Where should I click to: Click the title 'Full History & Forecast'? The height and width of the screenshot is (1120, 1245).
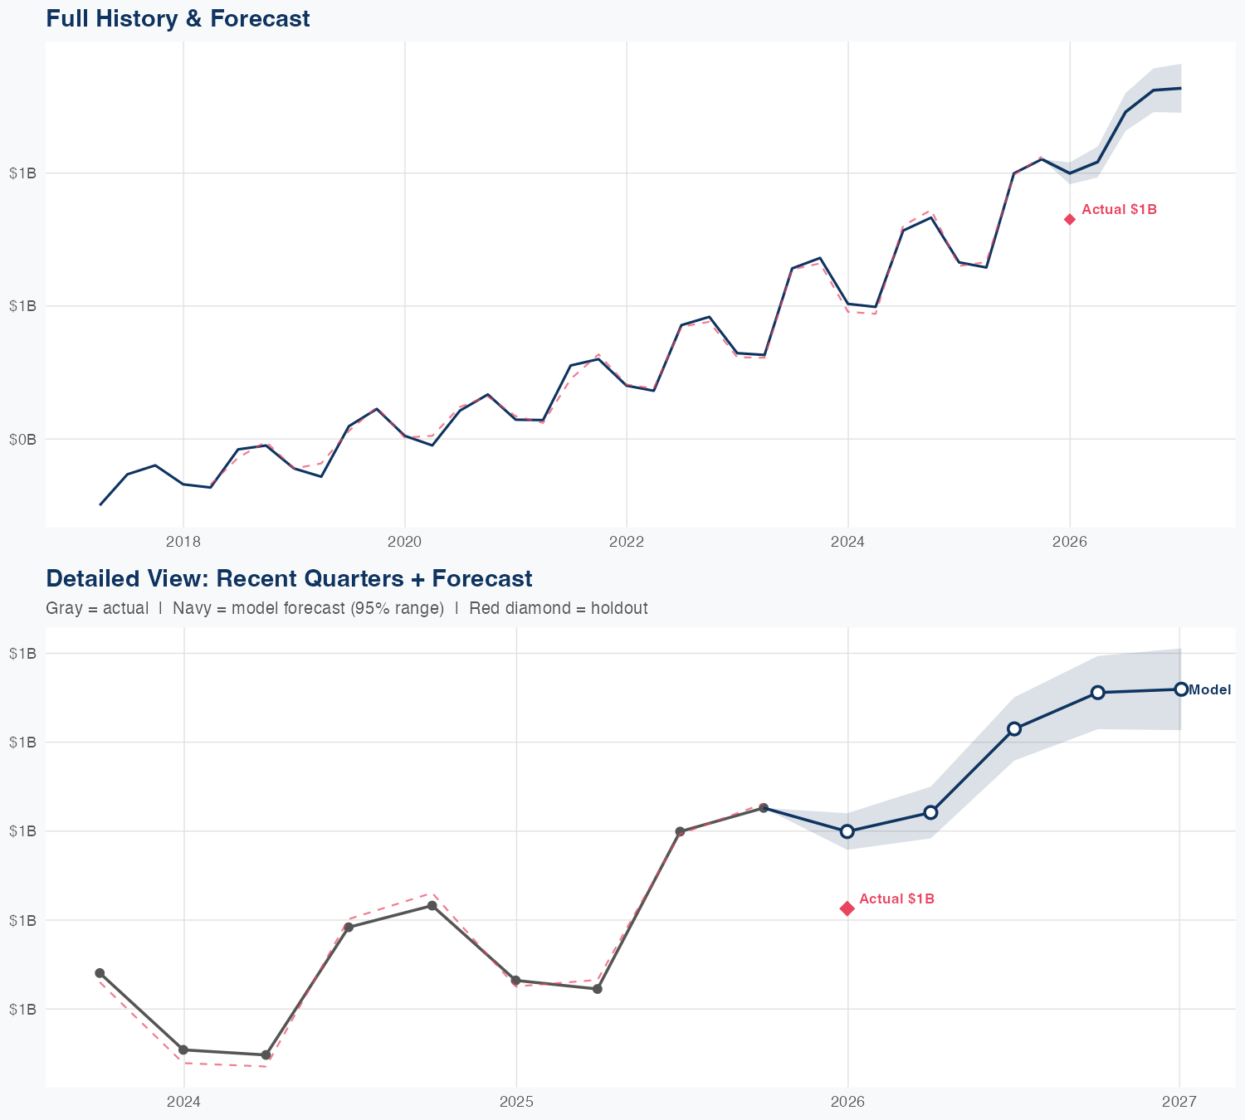178,18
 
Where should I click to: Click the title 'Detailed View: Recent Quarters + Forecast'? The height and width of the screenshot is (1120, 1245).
289,578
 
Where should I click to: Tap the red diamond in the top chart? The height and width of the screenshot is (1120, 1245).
1070,219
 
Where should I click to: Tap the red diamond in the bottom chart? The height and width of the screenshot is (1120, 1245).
847,908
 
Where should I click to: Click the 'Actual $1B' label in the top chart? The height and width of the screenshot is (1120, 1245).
1119,210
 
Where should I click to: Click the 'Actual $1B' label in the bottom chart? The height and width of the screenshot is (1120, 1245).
896,898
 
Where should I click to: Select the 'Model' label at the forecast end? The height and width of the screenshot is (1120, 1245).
1209,689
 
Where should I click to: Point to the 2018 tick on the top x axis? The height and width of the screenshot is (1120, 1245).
183,542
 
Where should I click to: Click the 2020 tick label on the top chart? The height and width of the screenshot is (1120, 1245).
405,542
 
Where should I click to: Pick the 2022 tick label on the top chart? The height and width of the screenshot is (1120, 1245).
627,542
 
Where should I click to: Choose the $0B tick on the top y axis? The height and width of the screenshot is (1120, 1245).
22,439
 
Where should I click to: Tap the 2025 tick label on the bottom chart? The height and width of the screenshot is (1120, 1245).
516,1102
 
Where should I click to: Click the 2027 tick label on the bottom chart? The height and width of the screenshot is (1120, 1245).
1179,1102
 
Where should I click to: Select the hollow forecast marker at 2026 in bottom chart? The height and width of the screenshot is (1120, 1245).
847,831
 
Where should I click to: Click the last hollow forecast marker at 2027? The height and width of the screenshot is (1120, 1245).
1181,689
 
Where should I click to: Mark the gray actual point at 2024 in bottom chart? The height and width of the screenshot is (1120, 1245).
183,1050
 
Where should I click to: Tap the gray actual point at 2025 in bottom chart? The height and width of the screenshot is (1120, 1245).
515,981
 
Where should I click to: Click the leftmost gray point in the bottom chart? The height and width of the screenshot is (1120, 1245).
100,973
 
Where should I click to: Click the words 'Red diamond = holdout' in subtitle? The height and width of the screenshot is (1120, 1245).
558,608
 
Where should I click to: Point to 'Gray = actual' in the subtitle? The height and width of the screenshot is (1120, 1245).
97,608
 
